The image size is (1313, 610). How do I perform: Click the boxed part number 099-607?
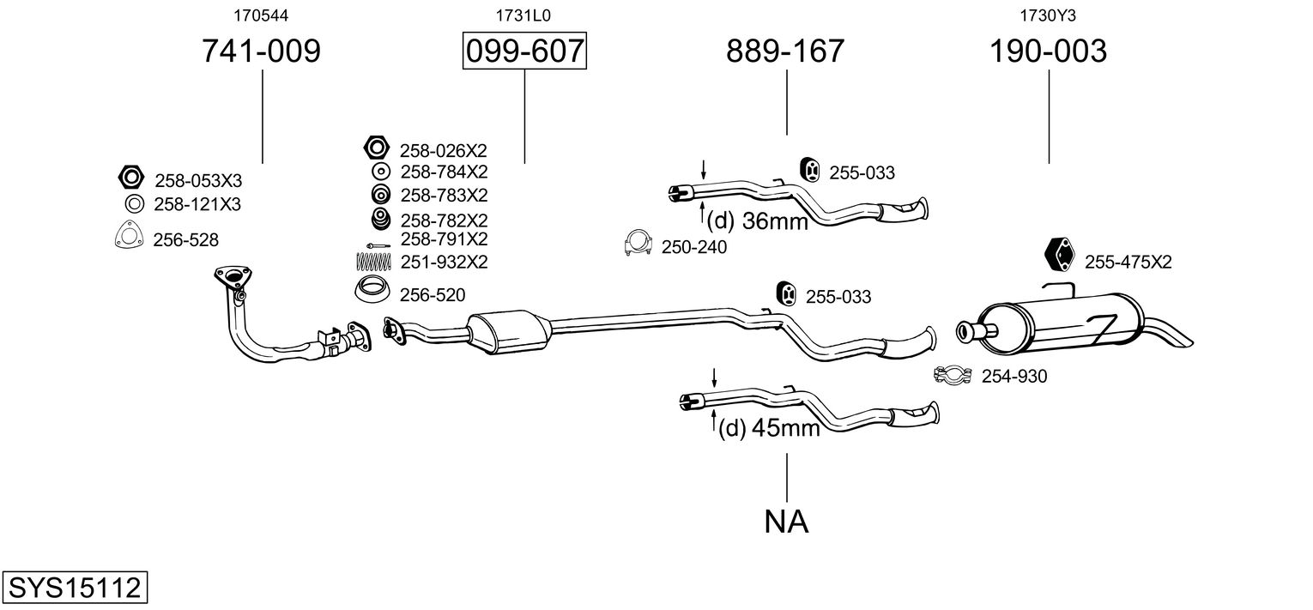[524, 51]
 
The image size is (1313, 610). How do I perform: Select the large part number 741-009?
[261, 51]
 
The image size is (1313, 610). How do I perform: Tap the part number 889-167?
[785, 51]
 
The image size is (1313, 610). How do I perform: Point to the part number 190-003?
[1048, 51]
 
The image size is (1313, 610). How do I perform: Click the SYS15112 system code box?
[74, 589]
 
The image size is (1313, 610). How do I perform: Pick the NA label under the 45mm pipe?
[786, 521]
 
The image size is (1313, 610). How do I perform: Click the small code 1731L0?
[523, 15]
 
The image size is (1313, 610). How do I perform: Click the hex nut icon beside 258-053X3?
[130, 178]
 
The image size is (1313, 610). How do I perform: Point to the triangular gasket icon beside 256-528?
[128, 236]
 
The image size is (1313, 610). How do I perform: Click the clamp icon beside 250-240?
[638, 245]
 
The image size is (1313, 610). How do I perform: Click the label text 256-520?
[433, 295]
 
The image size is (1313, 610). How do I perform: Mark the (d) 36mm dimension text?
[758, 221]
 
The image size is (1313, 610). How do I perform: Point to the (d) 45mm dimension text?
[768, 426]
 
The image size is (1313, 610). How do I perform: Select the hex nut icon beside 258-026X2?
[375, 148]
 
